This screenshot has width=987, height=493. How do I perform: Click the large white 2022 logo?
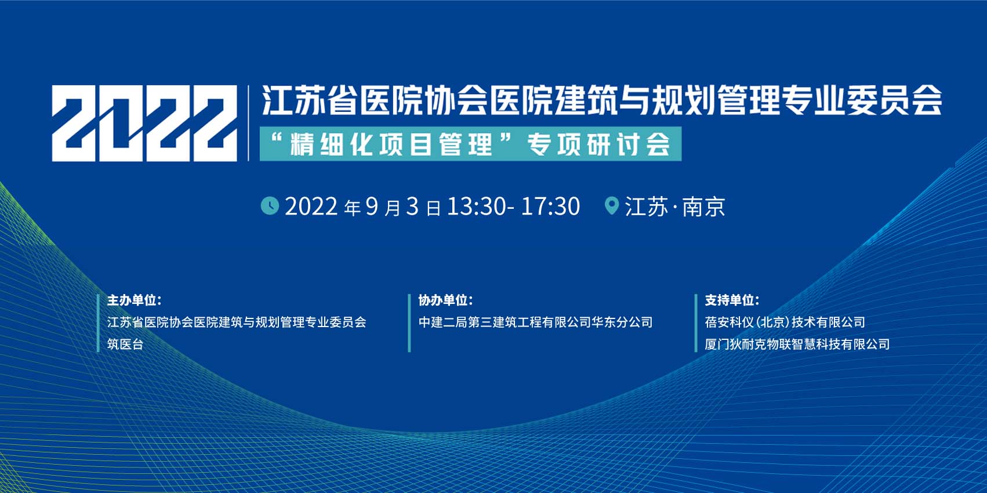click(144, 124)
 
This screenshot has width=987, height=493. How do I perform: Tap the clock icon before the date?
click(270, 206)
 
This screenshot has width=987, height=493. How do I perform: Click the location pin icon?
click(612, 206)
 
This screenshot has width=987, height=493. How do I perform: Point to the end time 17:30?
click(550, 206)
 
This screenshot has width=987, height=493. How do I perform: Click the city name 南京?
click(703, 206)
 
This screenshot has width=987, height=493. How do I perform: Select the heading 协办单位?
click(445, 300)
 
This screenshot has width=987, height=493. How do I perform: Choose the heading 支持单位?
click(732, 300)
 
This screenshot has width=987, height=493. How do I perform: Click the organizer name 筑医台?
click(126, 344)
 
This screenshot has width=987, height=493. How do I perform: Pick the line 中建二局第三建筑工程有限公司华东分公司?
click(535, 322)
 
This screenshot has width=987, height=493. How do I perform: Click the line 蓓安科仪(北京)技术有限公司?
click(785, 322)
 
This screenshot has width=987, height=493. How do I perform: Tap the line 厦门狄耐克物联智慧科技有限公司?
click(797, 344)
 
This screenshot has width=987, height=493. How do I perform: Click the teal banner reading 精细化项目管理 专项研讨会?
click(470, 144)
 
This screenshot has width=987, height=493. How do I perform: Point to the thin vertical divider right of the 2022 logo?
click(249, 124)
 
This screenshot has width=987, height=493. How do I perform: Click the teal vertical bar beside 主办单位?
click(98, 323)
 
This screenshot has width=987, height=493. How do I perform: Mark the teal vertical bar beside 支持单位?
click(696, 323)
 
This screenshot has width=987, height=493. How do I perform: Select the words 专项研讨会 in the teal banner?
click(598, 144)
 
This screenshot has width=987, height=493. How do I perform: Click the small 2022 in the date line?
click(311, 206)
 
